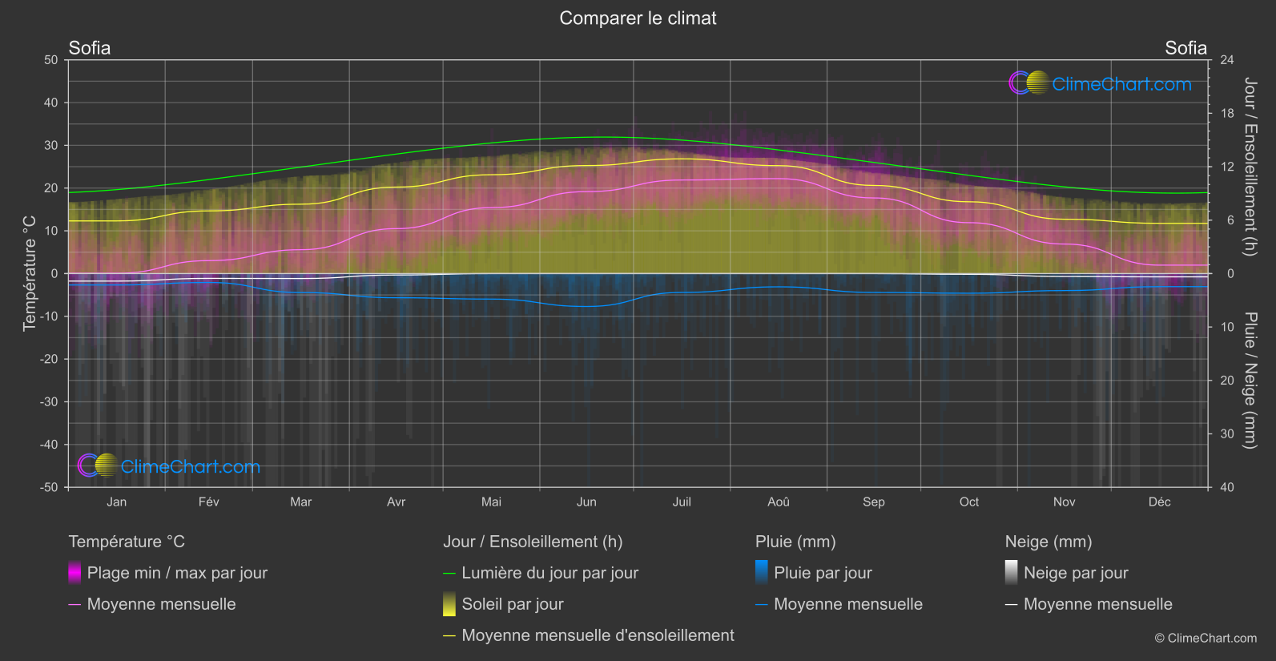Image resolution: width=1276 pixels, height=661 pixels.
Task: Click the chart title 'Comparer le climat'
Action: point(638,18)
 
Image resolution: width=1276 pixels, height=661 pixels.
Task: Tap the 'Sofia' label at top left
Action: point(90,48)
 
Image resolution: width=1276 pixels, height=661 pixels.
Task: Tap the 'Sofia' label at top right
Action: point(1185,48)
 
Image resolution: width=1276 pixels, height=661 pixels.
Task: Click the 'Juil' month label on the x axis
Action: point(682,502)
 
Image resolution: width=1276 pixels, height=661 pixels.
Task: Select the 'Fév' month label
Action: point(208,502)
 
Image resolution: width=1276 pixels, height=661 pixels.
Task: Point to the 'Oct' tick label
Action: point(968,502)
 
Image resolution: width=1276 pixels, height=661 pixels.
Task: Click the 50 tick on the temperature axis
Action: point(51,60)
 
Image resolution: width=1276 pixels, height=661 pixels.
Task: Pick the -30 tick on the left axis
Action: point(49,402)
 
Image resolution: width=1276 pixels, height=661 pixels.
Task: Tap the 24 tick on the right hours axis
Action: point(1226,60)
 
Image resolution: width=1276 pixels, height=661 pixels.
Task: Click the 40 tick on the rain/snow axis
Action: point(1226,487)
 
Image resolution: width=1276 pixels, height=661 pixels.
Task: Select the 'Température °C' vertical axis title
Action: point(30,272)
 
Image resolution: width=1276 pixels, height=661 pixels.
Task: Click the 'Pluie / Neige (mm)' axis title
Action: point(1250,380)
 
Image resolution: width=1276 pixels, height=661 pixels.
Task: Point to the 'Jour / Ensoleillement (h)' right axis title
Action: point(1250,167)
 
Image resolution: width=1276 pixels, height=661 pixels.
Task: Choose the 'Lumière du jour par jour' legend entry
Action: point(549,573)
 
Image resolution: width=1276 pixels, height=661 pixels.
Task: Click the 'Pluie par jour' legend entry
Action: point(823,573)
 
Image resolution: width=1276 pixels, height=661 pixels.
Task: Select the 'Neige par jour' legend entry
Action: point(1075,573)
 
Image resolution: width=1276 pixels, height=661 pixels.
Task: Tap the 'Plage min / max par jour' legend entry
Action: point(177,573)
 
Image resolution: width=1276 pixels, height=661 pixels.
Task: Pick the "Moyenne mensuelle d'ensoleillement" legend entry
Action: point(598,635)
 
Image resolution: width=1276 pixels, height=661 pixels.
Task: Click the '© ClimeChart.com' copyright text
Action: point(1206,639)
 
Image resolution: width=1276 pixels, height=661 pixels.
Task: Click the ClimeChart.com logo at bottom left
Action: point(169,466)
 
